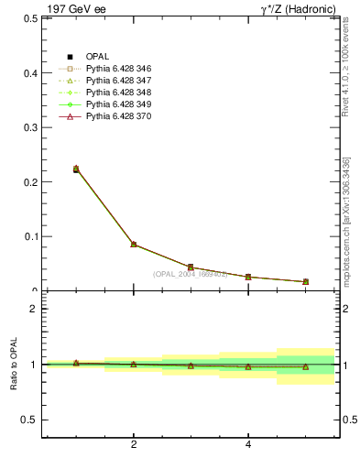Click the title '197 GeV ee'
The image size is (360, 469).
(x=72, y=8)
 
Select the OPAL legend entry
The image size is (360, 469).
(x=98, y=58)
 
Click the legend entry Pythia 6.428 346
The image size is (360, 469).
(x=121, y=70)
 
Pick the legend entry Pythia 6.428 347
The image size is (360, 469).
(x=121, y=82)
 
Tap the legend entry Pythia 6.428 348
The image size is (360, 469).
(x=121, y=93)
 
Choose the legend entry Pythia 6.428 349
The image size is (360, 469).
(x=121, y=105)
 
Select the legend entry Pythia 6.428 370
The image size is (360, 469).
(x=121, y=117)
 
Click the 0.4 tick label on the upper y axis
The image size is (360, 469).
(x=28, y=72)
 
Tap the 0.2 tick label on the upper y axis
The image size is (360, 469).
(x=28, y=181)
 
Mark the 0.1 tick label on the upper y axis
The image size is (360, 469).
(x=28, y=236)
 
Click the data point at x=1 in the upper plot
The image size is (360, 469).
(x=76, y=169)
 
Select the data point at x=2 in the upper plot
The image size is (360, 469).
(x=134, y=245)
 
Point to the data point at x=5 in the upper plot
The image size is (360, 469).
(x=306, y=281)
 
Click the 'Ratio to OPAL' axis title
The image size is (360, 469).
(x=15, y=366)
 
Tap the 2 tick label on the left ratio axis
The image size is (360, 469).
(x=33, y=309)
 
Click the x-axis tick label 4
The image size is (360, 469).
(x=248, y=445)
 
